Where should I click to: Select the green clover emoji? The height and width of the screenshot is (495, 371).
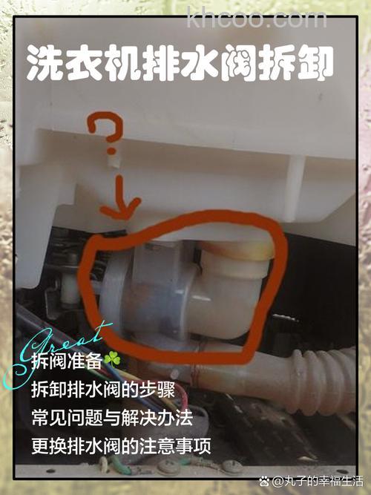(112, 359)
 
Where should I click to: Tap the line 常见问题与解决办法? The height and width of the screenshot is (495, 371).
(112, 418)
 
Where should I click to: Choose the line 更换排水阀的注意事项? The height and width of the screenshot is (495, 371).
(121, 447)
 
